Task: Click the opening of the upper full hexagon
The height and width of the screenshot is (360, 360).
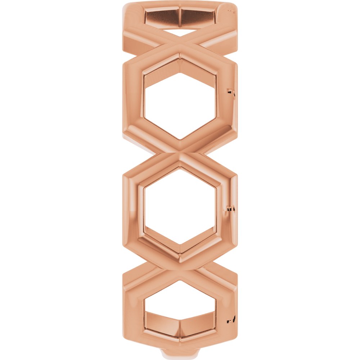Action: pyautogui.click(x=180, y=104)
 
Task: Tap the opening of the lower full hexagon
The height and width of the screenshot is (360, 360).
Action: pyautogui.click(x=180, y=211)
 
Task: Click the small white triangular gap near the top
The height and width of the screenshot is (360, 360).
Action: pyautogui.click(x=180, y=33)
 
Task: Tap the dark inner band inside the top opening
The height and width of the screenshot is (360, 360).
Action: pyautogui.click(x=180, y=17)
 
